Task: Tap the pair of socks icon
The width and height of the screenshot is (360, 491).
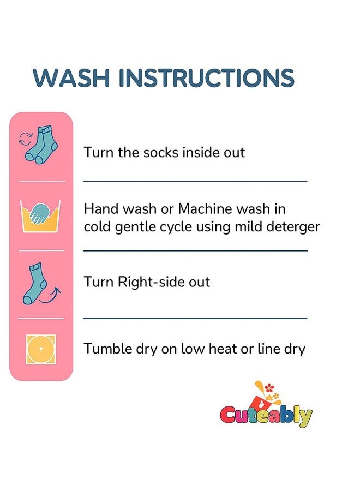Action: pos(41,145)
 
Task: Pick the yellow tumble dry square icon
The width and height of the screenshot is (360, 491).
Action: pos(41,349)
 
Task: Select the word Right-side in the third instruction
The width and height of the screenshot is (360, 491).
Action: pos(151,282)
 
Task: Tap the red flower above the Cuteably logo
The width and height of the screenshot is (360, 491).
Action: pos(267,388)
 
